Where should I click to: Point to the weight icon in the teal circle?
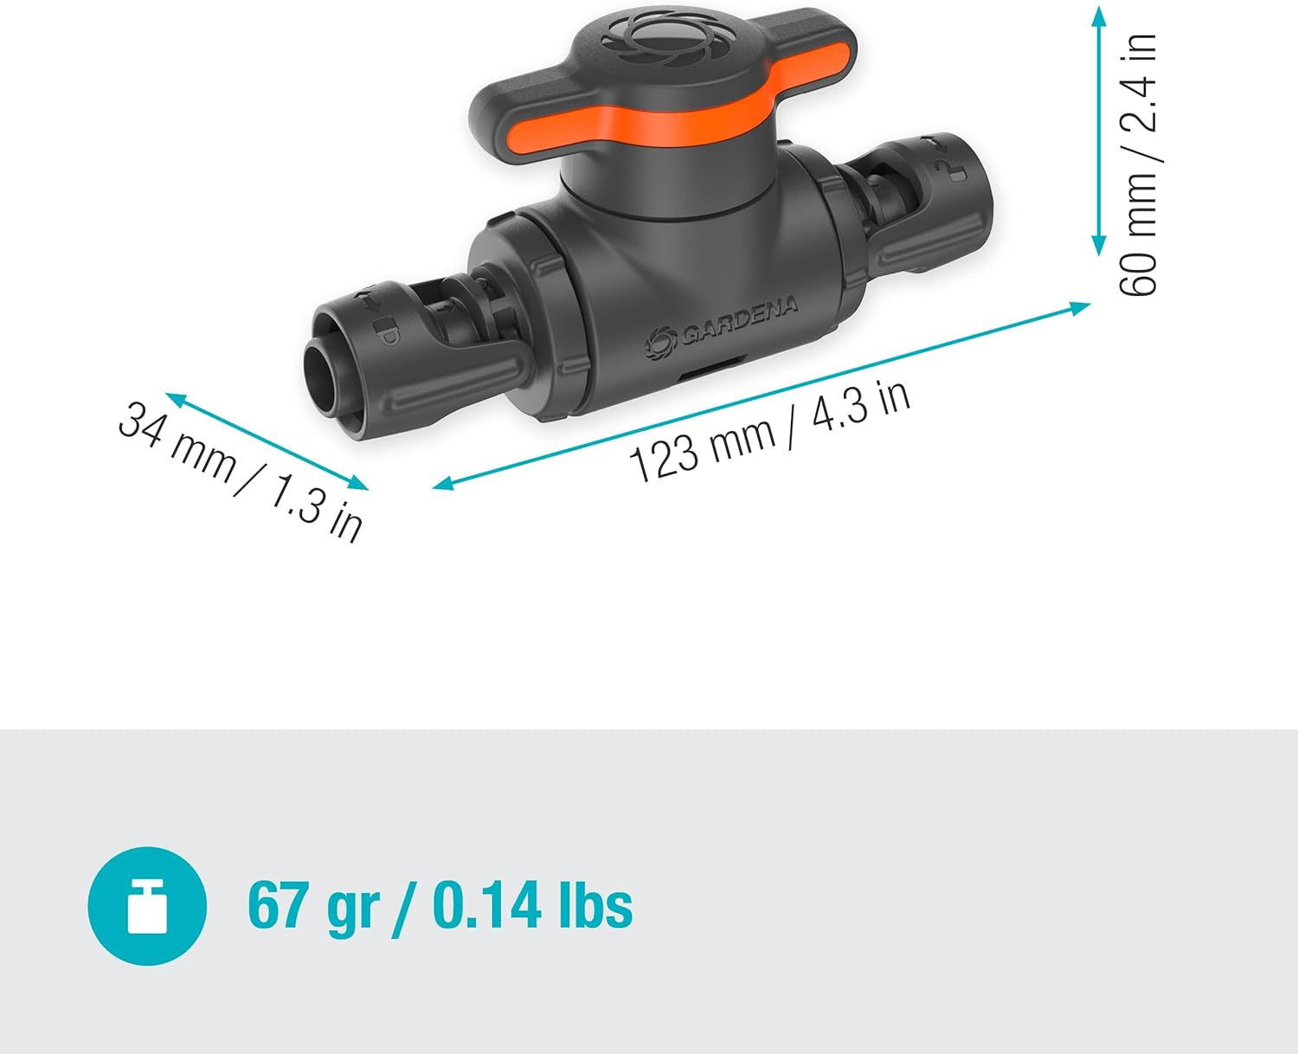(147, 906)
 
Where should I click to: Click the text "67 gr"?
(312, 906)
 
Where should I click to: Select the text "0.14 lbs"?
(532, 906)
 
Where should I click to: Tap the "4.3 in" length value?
(861, 404)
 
